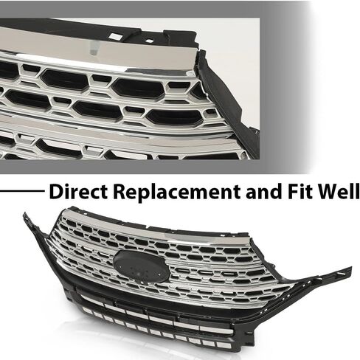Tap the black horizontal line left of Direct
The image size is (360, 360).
[22, 190]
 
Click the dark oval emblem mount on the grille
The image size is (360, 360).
[141, 267]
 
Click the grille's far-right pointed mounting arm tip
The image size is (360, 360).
[350, 269]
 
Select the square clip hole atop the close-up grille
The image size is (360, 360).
[115, 36]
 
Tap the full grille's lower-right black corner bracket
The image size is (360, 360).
[245, 337]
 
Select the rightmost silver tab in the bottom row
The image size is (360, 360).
[224, 345]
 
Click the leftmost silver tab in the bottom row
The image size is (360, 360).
[88, 311]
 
